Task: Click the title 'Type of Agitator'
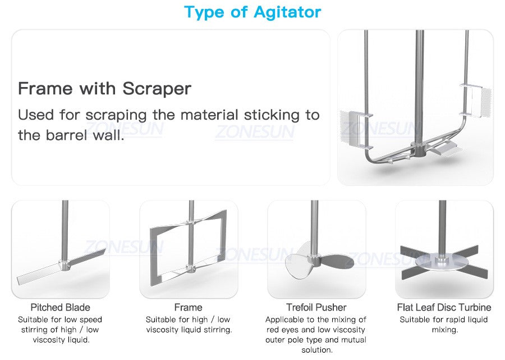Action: pos(252,13)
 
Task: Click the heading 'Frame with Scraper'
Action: pos(105,88)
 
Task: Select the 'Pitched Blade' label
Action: pos(60,307)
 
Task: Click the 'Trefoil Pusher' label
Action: pos(316,307)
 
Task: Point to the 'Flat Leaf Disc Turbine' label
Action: pos(444,307)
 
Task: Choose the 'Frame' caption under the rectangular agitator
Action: pos(189,307)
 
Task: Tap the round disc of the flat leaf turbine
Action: pos(441,262)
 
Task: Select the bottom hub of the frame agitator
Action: pos(191,267)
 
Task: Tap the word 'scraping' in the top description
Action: pos(116,115)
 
